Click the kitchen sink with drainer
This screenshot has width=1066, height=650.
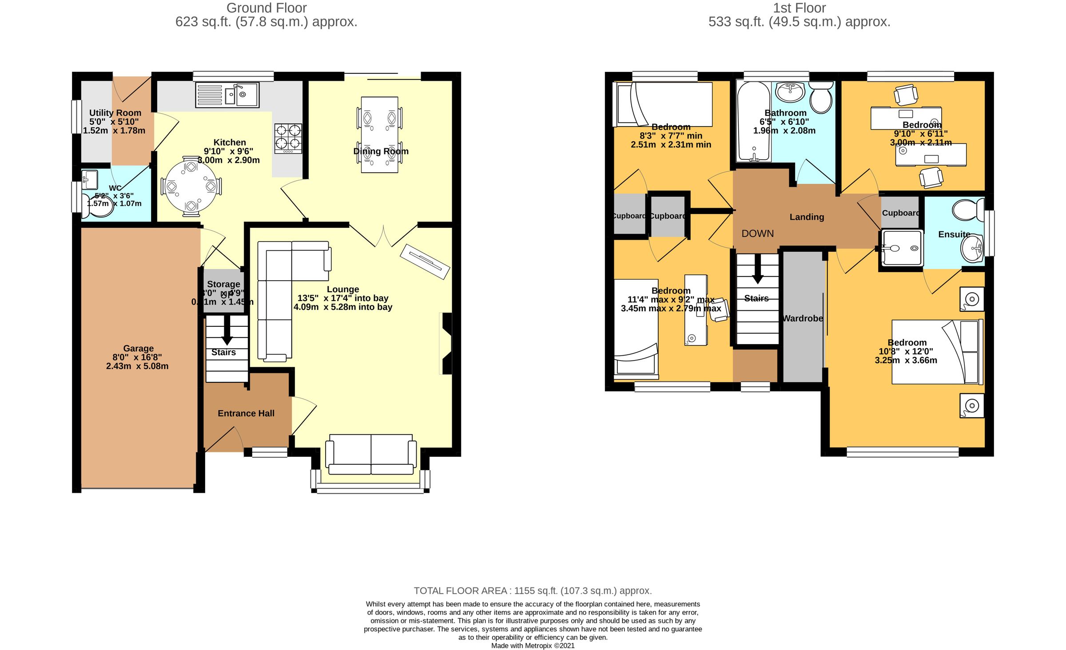pos(227,95)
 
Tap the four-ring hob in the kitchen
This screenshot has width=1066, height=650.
pos(288,138)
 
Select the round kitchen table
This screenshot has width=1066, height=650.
pos(191,186)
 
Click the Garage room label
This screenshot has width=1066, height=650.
pos(138,349)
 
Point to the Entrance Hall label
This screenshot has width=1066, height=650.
pos(246,413)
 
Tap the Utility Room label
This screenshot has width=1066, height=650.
pos(115,113)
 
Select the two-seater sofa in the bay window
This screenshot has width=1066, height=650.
pos(371,454)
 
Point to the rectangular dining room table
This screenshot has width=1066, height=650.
pos(379,135)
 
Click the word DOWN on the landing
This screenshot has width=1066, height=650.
pos(757,234)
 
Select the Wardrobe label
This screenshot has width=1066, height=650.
pos(802,318)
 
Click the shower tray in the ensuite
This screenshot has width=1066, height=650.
pos(902,248)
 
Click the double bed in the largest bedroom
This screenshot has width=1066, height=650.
pos(937,352)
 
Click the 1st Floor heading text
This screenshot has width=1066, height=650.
pos(799,8)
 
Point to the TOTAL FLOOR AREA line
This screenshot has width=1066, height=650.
pos(533,591)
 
